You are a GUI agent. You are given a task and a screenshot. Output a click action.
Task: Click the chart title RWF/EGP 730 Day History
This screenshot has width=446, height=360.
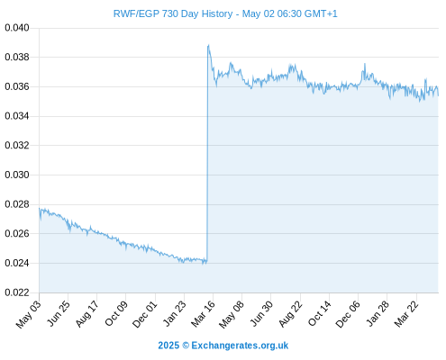click(173, 13)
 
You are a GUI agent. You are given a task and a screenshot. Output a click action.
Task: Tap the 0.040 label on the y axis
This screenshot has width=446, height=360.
click(17, 28)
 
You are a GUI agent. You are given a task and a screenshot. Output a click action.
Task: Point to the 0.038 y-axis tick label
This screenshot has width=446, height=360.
click(17, 57)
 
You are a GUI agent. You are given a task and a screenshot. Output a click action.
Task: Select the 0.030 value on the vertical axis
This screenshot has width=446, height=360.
click(17, 175)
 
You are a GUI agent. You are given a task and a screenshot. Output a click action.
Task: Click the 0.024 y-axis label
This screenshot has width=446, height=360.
click(17, 263)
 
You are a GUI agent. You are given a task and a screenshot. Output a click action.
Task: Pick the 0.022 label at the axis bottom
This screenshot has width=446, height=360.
click(17, 292)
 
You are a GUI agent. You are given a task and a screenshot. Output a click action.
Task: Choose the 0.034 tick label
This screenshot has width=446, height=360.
click(17, 116)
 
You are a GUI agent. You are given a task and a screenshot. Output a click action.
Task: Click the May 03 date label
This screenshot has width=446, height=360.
click(28, 314)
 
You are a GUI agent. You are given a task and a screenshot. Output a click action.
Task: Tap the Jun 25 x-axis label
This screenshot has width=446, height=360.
click(59, 313)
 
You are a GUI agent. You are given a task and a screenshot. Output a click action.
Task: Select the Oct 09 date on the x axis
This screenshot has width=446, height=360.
click(116, 313)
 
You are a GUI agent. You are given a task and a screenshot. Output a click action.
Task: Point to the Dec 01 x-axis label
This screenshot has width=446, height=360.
click(145, 314)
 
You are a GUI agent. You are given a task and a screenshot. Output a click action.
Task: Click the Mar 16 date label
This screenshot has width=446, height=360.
click(203, 313)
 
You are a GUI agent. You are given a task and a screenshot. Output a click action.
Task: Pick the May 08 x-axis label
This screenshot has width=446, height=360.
click(232, 314)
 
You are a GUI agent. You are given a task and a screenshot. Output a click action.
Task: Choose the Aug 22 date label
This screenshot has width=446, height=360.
click(290, 313)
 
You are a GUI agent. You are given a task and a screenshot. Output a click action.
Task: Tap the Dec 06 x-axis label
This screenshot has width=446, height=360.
click(348, 314)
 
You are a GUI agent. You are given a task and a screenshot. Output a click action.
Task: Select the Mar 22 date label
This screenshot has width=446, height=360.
click(406, 313)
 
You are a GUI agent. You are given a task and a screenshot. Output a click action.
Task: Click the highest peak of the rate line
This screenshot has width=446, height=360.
click(208, 45)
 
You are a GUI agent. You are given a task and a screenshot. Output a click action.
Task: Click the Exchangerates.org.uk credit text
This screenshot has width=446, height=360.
click(240, 346)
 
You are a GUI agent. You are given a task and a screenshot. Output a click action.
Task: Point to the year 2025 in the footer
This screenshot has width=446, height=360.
click(168, 346)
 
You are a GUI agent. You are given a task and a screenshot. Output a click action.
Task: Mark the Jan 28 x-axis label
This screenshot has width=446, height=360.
click(378, 313)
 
